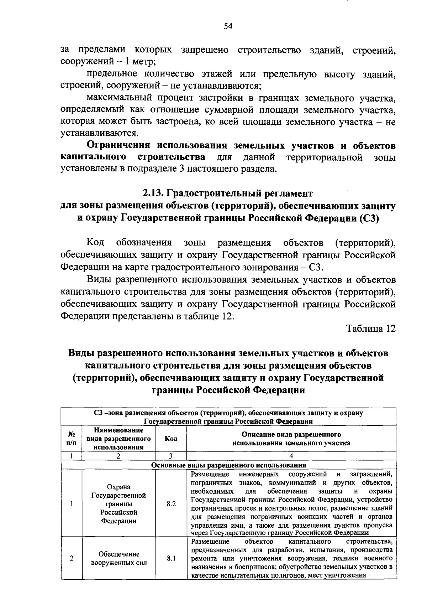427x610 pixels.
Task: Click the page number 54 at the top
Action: coord(228,26)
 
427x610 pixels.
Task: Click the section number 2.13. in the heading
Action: coord(154,193)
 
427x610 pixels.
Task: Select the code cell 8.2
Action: coord(171,504)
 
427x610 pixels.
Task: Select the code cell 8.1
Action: coord(171,558)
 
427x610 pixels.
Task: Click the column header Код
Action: coord(171,439)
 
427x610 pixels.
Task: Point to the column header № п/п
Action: coord(72,439)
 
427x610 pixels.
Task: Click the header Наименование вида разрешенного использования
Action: coord(118,439)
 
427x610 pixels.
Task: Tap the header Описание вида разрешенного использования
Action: coord(291,439)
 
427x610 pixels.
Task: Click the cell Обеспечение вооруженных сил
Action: coord(118,558)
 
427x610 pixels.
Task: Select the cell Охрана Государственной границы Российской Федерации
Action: coord(118,504)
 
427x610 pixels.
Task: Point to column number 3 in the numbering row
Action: coord(171,456)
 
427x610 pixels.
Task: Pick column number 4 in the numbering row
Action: coord(291,456)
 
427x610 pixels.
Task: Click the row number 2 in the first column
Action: coord(72,558)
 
